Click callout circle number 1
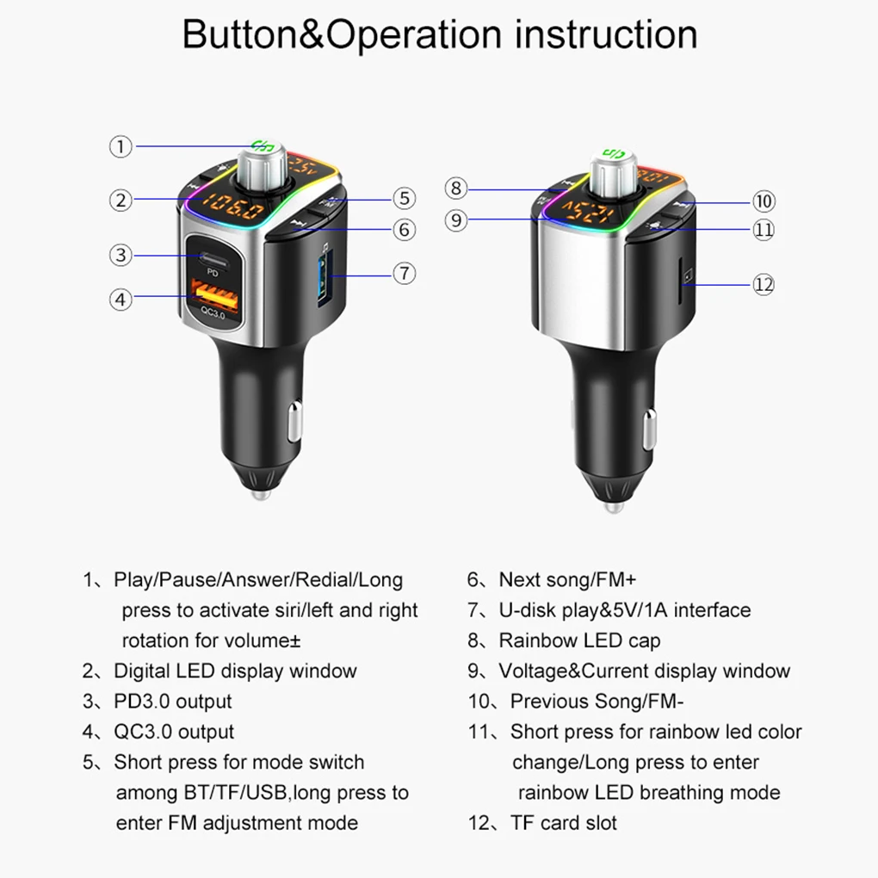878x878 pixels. tap(121, 146)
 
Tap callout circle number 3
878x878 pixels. tap(121, 255)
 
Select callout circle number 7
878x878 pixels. tap(405, 274)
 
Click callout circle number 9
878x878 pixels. tap(456, 220)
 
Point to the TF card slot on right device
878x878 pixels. tap(685, 277)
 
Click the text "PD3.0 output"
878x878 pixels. tap(172, 701)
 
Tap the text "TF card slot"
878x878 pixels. tap(563, 822)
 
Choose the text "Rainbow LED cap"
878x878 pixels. tap(579, 640)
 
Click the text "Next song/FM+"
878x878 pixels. tap(567, 579)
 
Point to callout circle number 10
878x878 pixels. tap(764, 201)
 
